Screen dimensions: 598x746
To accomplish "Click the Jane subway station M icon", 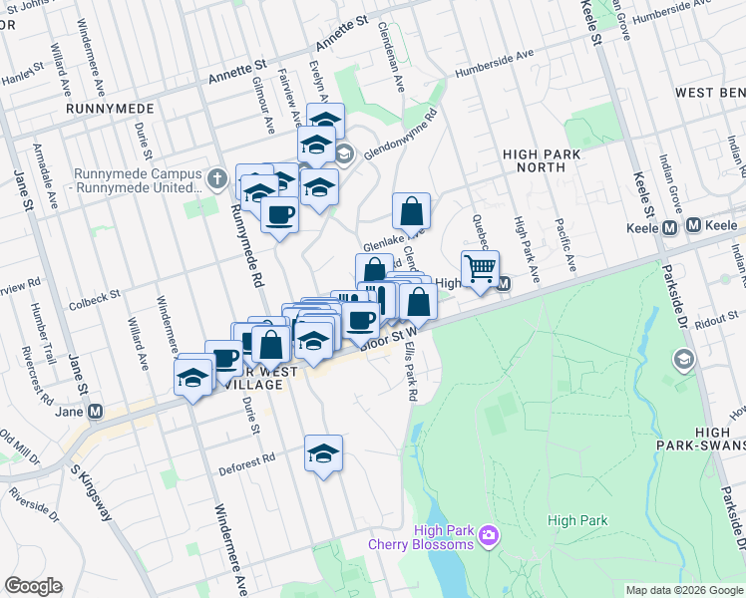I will (96, 411).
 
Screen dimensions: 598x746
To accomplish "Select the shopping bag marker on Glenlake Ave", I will (411, 211).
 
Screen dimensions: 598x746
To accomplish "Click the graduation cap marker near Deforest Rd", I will (323, 453).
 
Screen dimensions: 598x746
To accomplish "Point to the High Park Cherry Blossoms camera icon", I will (489, 536).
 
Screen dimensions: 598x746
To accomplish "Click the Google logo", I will (33, 586).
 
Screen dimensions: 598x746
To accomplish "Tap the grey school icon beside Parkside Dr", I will (684, 358).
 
